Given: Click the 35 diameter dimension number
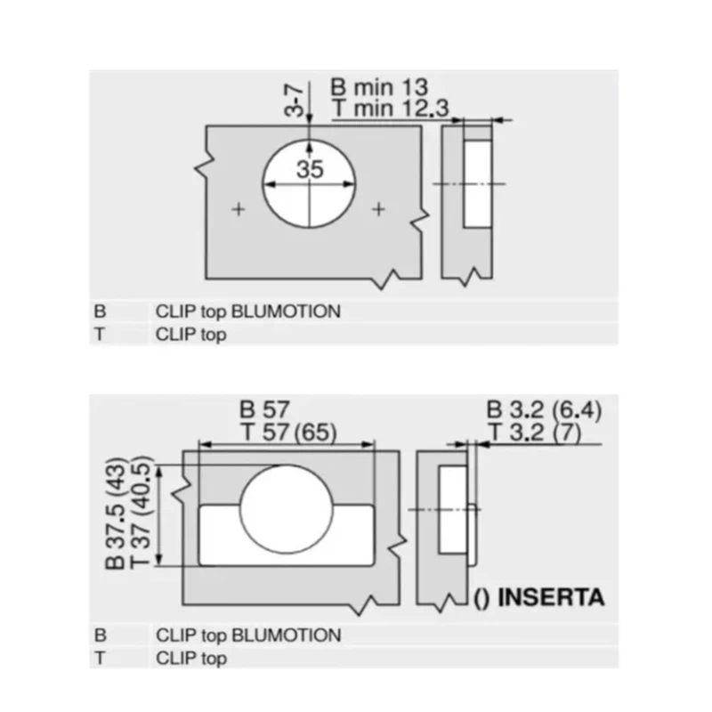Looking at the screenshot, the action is coord(310,169).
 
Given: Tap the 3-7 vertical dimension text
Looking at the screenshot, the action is coord(294,101).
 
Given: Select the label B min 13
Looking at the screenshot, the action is coord(379,87).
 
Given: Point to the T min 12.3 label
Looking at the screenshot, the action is coord(390,109).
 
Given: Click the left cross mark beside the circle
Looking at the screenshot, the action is coord(239,209).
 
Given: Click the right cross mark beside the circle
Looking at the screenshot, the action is coord(378,209).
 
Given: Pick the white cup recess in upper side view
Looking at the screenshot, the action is coord(478,184).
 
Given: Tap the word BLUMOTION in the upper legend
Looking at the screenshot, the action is coord(286,311).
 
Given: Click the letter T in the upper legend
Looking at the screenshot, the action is coord(100,335).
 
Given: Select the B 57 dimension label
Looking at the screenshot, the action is coord(264,409).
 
